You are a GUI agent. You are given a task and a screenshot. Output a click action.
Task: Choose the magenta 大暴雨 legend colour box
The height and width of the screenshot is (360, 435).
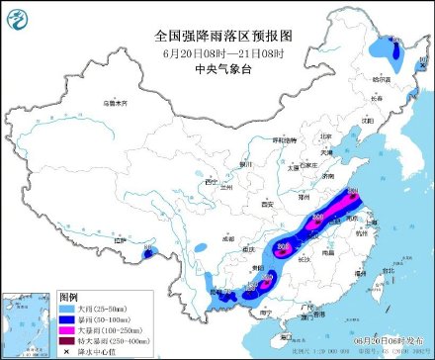click(67, 331)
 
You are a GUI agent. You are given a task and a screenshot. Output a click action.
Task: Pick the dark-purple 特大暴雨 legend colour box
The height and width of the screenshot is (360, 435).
click(67, 342)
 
